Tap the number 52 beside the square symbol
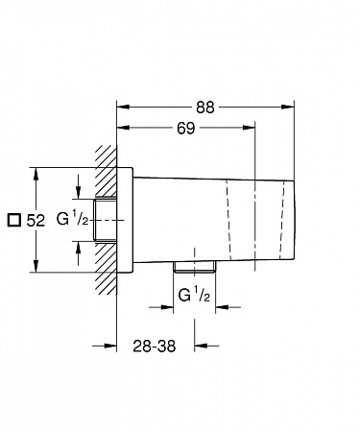point(36,220)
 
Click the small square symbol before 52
point(12,220)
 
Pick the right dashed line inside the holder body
point(289,219)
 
